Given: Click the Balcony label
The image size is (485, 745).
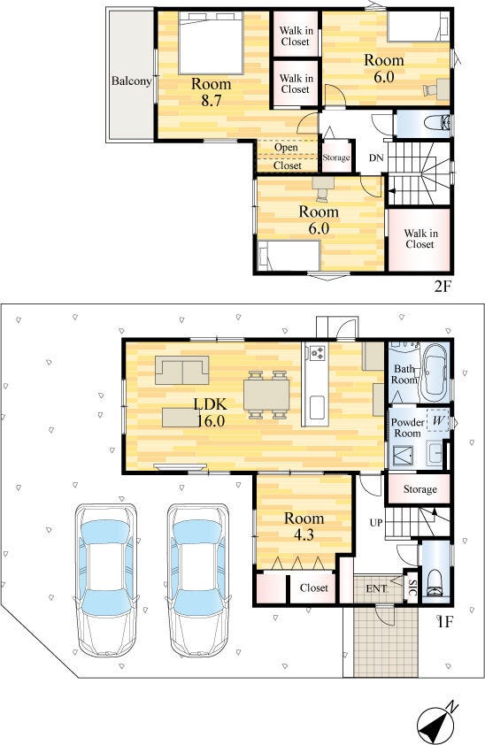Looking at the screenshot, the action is pyautogui.click(x=131, y=81).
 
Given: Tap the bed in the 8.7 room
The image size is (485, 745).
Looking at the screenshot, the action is pyautogui.click(x=212, y=42).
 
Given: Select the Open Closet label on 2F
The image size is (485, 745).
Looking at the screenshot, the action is pyautogui.click(x=287, y=157).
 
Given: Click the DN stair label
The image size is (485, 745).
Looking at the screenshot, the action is pyautogui.click(x=376, y=158).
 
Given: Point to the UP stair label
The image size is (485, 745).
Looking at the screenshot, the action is pyautogui.click(x=376, y=523).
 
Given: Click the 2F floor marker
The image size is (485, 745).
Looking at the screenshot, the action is pyautogui.click(x=442, y=287).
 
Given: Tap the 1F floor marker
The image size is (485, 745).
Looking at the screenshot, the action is pyautogui.click(x=444, y=621).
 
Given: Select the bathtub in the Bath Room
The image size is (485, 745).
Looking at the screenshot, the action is pyautogui.click(x=435, y=372).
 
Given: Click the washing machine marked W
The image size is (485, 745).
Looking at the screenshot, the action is pyautogui.click(x=438, y=420).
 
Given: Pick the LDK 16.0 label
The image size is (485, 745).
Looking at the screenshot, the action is pyautogui.click(x=212, y=412).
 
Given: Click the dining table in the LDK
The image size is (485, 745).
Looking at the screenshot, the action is pyautogui.click(x=266, y=395).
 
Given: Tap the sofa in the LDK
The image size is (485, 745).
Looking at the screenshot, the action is pyautogui.click(x=182, y=370).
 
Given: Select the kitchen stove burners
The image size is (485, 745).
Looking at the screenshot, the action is pyautogui.click(x=317, y=352).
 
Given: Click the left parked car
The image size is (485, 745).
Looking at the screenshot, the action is pyautogui.click(x=107, y=580).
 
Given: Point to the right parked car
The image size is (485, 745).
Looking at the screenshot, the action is pyautogui.click(x=198, y=580).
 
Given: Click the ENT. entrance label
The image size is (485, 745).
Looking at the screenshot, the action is pyautogui.click(x=377, y=589).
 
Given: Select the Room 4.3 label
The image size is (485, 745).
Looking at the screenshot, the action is pyautogui.click(x=304, y=526).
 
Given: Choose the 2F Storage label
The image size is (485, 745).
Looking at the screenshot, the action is pyautogui.click(x=336, y=157).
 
